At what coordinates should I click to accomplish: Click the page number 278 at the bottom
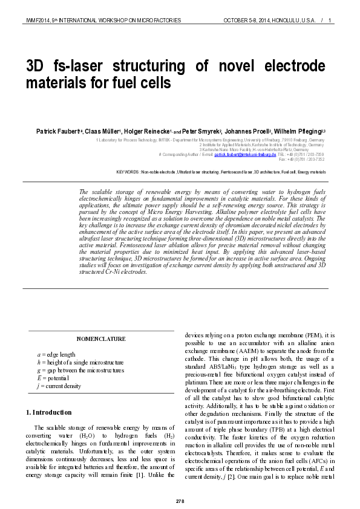pyautogui.click(x=180, y=502)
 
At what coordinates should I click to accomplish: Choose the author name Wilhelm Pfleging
pyautogui.click(x=298, y=131)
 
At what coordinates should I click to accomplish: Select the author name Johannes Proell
pyautogui.click(x=247, y=131)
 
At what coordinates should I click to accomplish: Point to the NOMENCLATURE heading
pyautogui.click(x=101, y=339)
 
